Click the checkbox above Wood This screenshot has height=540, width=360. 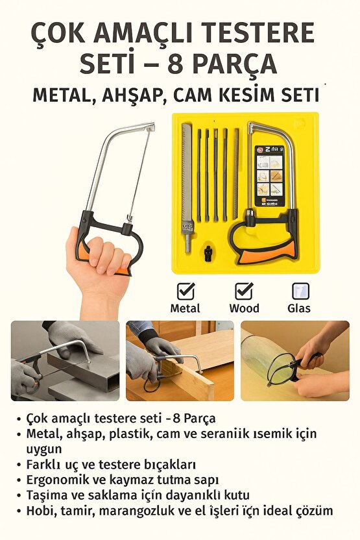click(x=244, y=290)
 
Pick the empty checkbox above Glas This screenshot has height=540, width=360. click(x=300, y=291)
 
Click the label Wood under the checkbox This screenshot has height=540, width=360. click(x=244, y=308)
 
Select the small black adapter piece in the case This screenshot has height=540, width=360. click(x=209, y=250)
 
